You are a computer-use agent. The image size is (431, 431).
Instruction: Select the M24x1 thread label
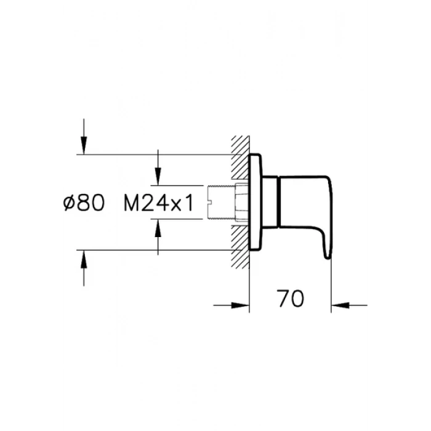[x=159, y=203]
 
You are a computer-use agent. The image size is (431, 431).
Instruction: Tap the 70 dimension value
[x=290, y=300]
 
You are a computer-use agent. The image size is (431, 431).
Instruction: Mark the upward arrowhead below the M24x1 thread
[x=159, y=229]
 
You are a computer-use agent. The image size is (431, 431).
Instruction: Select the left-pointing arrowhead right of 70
[x=340, y=304]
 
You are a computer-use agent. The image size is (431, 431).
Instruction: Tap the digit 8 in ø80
[x=84, y=203]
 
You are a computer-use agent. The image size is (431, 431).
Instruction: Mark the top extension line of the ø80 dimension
[x=154, y=154]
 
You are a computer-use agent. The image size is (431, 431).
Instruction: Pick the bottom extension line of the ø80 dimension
[x=154, y=250]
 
